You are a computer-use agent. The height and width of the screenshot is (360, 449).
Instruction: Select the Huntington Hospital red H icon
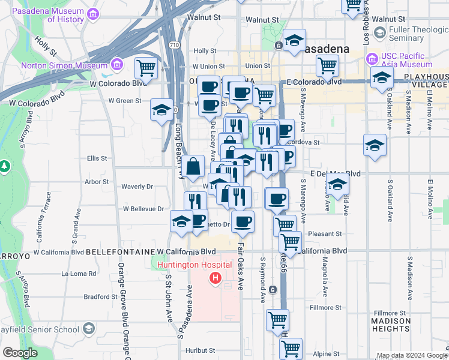point(215,278)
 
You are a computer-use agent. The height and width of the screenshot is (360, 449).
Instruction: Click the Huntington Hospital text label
point(194,265)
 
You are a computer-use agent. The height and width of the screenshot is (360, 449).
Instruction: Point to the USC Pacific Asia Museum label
point(406,60)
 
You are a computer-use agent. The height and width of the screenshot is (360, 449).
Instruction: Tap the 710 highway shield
point(174,45)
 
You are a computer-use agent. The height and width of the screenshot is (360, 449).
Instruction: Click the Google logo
point(20,353)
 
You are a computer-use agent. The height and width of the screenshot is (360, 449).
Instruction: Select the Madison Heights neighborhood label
point(391,325)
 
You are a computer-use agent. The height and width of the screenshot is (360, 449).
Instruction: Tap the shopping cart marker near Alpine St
point(291,347)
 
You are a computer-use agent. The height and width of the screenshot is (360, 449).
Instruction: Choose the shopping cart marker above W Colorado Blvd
point(146,67)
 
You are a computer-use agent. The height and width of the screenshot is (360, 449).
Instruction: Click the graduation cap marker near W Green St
point(161,110)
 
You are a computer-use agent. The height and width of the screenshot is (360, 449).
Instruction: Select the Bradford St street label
point(96,296)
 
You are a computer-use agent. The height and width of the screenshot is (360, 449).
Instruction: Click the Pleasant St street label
point(325,233)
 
